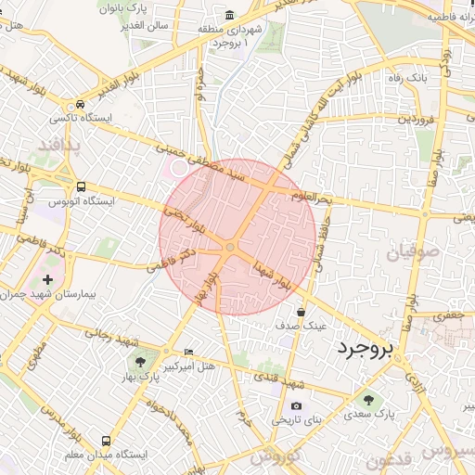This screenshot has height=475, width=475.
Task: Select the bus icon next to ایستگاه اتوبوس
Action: tap(82, 186)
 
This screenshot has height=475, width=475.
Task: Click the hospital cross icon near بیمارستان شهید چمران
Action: tap(48, 278)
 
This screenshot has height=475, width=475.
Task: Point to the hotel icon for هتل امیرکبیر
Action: tap(189, 353)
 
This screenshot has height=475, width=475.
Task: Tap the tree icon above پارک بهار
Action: tap(140, 362)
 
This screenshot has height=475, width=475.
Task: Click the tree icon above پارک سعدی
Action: tap(369, 400)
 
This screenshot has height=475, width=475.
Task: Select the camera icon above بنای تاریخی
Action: tap(296, 405)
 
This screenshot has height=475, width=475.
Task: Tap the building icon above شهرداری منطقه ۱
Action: tap(230, 14)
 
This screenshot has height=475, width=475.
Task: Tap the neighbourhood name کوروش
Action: tap(276, 456)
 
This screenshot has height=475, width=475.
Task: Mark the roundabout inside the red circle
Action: tap(229, 246)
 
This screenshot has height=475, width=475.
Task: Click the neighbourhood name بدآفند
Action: tap(60, 146)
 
